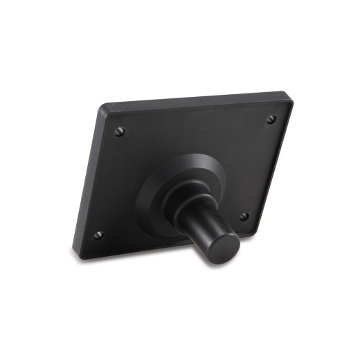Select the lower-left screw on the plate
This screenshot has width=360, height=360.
[x=98, y=235]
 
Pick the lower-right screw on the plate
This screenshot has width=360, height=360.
[x=244, y=217]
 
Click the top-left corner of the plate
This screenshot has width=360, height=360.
[x=102, y=107]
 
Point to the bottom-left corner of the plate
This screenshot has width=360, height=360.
[x=78, y=254]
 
